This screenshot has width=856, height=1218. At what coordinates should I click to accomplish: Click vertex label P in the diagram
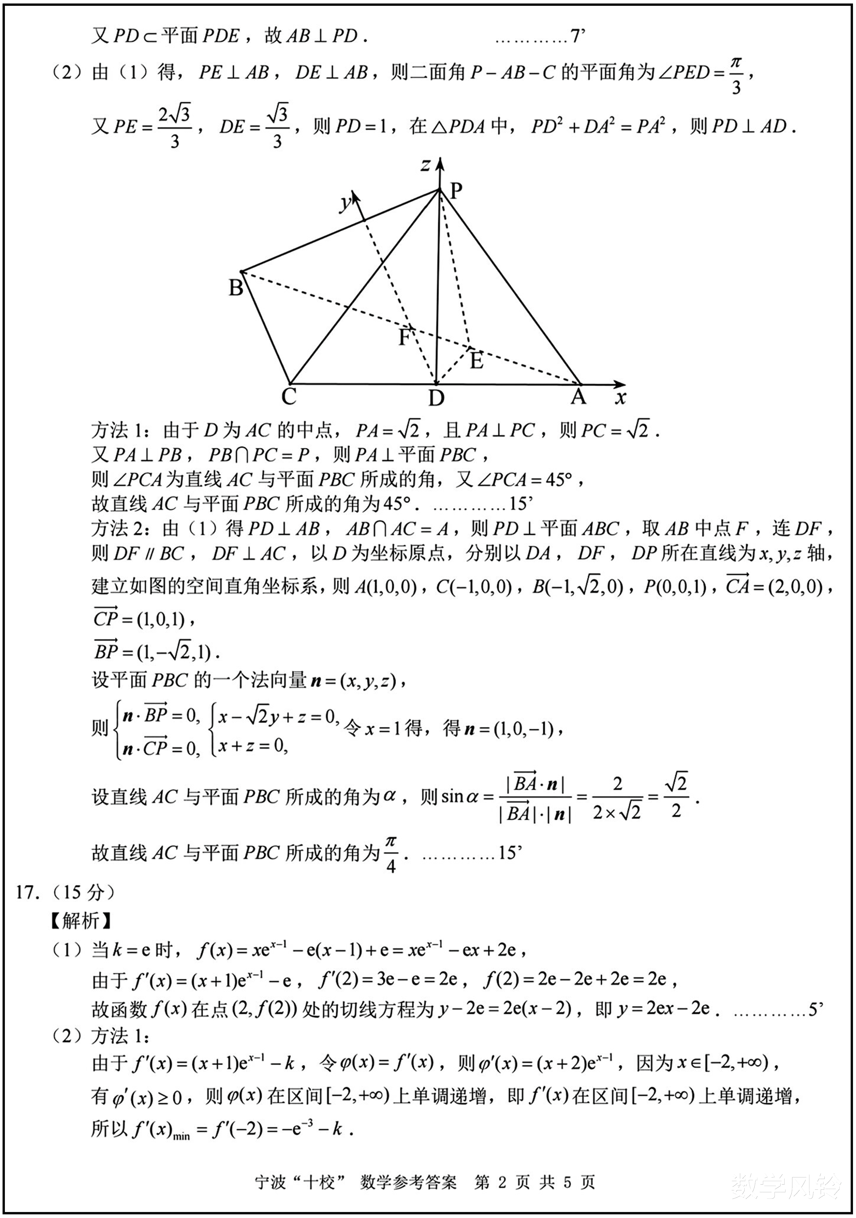[456, 191]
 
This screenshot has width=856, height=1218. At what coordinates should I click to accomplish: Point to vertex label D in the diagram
[436, 398]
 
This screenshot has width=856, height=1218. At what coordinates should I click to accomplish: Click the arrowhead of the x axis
[620, 384]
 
